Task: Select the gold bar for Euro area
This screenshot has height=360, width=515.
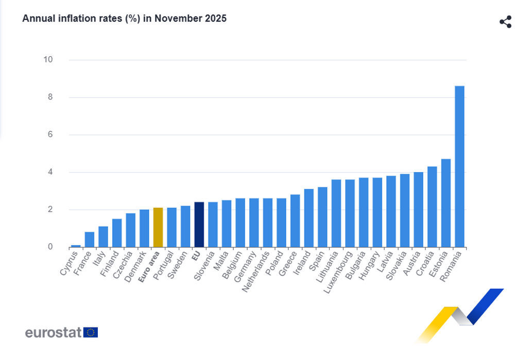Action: click(x=158, y=227)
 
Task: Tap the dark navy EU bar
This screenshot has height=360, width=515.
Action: click(x=199, y=225)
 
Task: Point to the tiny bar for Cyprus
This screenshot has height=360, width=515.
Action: click(x=76, y=246)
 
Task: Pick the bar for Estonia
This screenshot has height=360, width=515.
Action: click(x=445, y=203)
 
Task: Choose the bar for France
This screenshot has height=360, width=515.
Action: click(x=90, y=239)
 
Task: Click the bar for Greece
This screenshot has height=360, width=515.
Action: click(x=295, y=221)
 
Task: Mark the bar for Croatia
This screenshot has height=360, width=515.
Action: click(x=432, y=207)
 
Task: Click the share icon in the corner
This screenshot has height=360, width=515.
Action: click(x=505, y=22)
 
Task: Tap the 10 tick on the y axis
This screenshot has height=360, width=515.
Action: click(x=48, y=60)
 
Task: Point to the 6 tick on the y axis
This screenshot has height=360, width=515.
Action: click(x=50, y=135)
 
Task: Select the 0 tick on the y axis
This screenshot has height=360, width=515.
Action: click(x=50, y=247)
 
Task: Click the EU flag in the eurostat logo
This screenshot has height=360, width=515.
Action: click(x=91, y=332)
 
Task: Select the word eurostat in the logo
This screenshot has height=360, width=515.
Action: click(x=53, y=332)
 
